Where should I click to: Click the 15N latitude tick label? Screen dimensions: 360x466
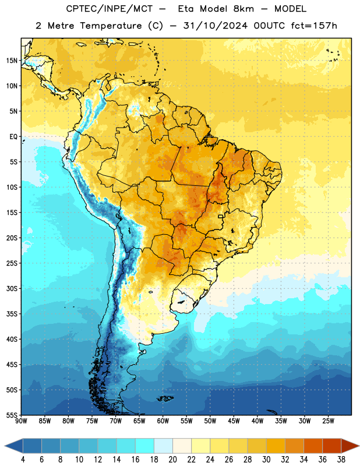[x=11, y=61]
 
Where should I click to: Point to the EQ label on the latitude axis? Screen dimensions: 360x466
[x=13, y=137]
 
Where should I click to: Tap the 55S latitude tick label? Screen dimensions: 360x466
[x=12, y=415]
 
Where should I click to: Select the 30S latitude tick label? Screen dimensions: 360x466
[x=12, y=288]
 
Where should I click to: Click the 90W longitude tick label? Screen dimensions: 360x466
[x=21, y=421]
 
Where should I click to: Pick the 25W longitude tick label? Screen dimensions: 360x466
[x=328, y=421]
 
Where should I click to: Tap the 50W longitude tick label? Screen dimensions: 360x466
[x=210, y=421]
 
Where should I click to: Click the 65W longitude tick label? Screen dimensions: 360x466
[x=139, y=421]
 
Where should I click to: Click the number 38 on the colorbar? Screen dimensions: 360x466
[x=341, y=460]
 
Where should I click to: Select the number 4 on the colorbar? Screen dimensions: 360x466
[x=23, y=460]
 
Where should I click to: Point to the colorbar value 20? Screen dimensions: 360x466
[x=172, y=460]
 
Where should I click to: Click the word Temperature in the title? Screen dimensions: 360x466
[x=111, y=26]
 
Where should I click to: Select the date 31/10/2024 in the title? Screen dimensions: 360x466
[x=215, y=26]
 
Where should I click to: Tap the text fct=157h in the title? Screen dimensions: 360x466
[x=314, y=26]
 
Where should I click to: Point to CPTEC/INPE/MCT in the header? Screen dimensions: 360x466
[x=109, y=9]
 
